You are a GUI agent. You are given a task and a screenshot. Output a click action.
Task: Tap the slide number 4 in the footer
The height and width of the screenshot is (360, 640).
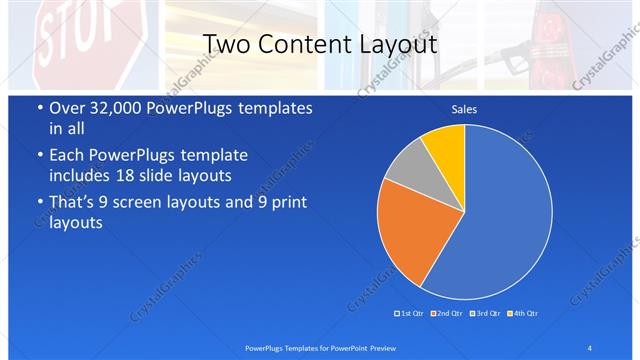point(589,347)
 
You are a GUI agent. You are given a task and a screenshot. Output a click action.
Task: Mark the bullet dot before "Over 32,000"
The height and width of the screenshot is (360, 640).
point(39,109)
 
